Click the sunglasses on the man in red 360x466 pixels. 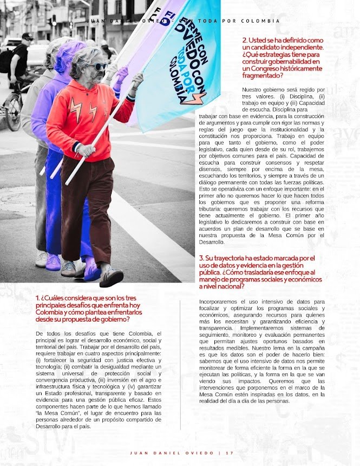pyautogui.click(x=99, y=67)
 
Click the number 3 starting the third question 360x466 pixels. pyautogui.click(x=201, y=258)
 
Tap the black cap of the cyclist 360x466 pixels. pyautogui.click(x=27, y=37)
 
